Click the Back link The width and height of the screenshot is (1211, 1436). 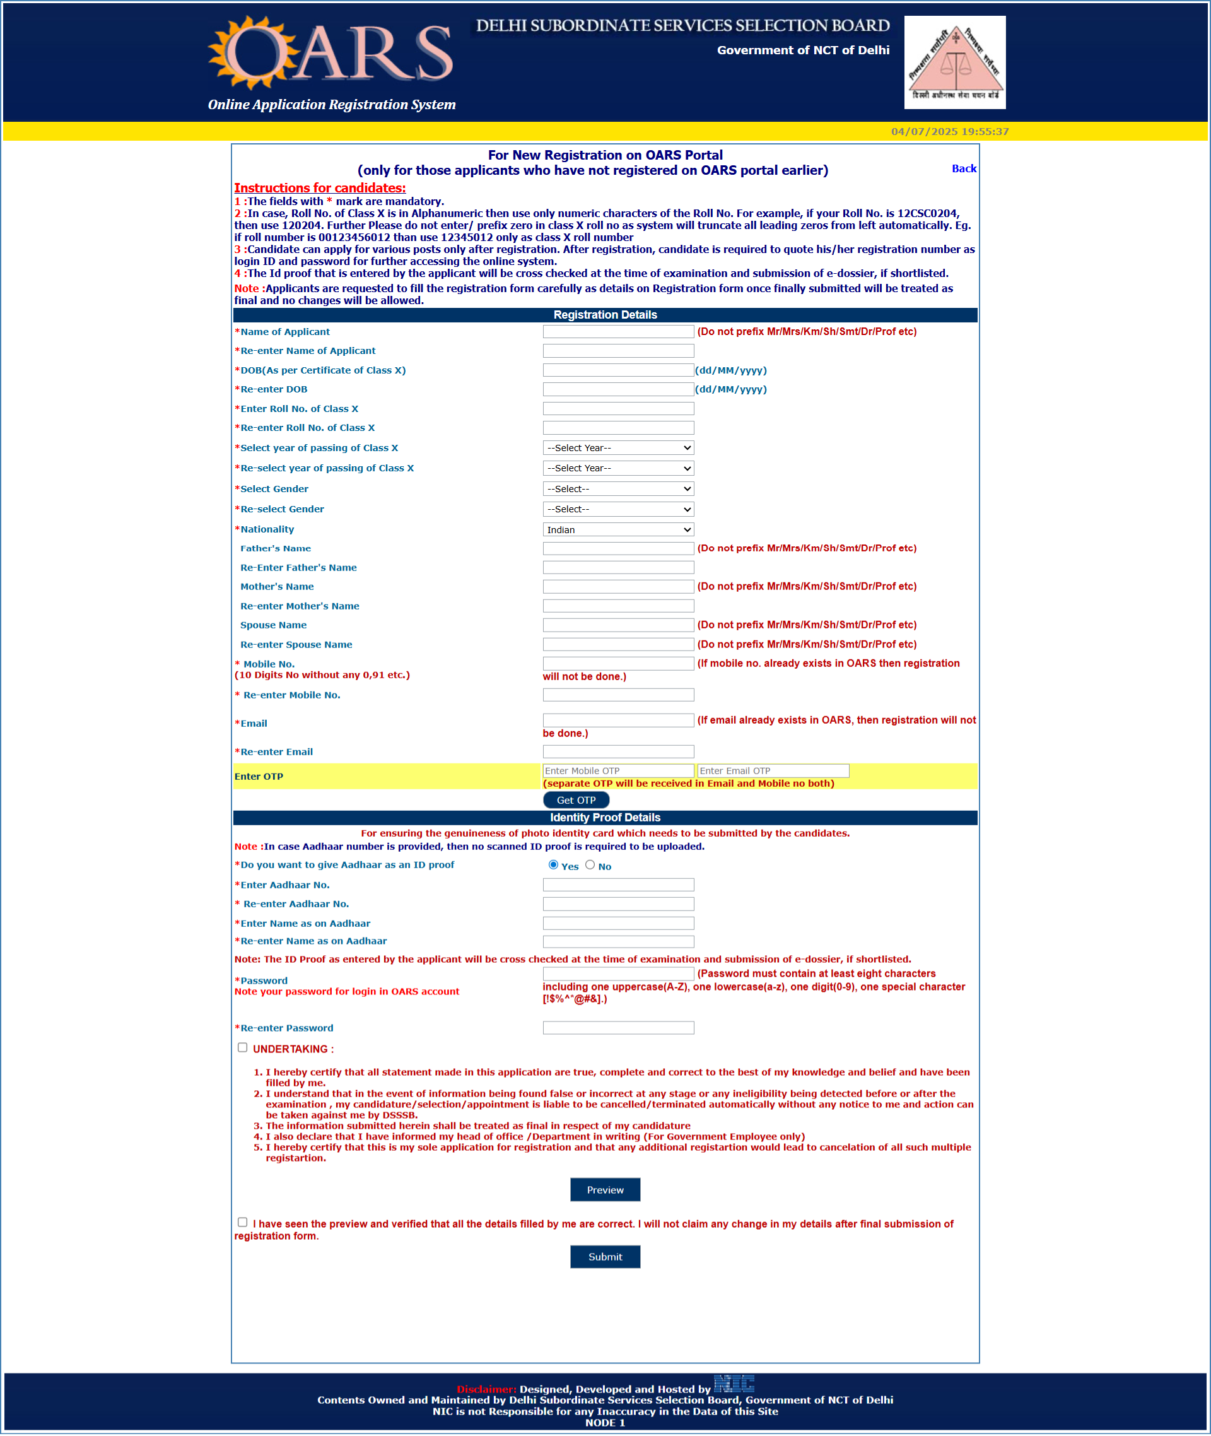963,168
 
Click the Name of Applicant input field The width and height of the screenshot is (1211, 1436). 618,332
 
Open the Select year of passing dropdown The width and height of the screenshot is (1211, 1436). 618,448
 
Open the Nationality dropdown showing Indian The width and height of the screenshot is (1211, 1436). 618,529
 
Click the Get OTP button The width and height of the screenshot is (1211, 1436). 575,800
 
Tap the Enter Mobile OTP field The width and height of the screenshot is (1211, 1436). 618,770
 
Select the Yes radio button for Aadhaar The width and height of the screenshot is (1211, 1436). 553,864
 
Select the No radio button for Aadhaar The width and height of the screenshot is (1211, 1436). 590,864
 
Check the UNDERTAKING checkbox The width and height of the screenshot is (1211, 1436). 242,1047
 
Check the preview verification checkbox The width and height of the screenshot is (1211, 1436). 242,1221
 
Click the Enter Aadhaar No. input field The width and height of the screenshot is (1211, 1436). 618,885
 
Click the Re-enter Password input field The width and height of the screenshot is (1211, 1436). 618,1027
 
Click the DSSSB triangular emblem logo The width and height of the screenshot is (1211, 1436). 954,62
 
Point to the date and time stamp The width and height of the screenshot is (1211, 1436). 949,131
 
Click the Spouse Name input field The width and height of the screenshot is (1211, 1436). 618,625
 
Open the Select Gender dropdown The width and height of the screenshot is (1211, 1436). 618,489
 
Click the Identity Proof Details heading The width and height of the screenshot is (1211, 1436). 605,817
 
